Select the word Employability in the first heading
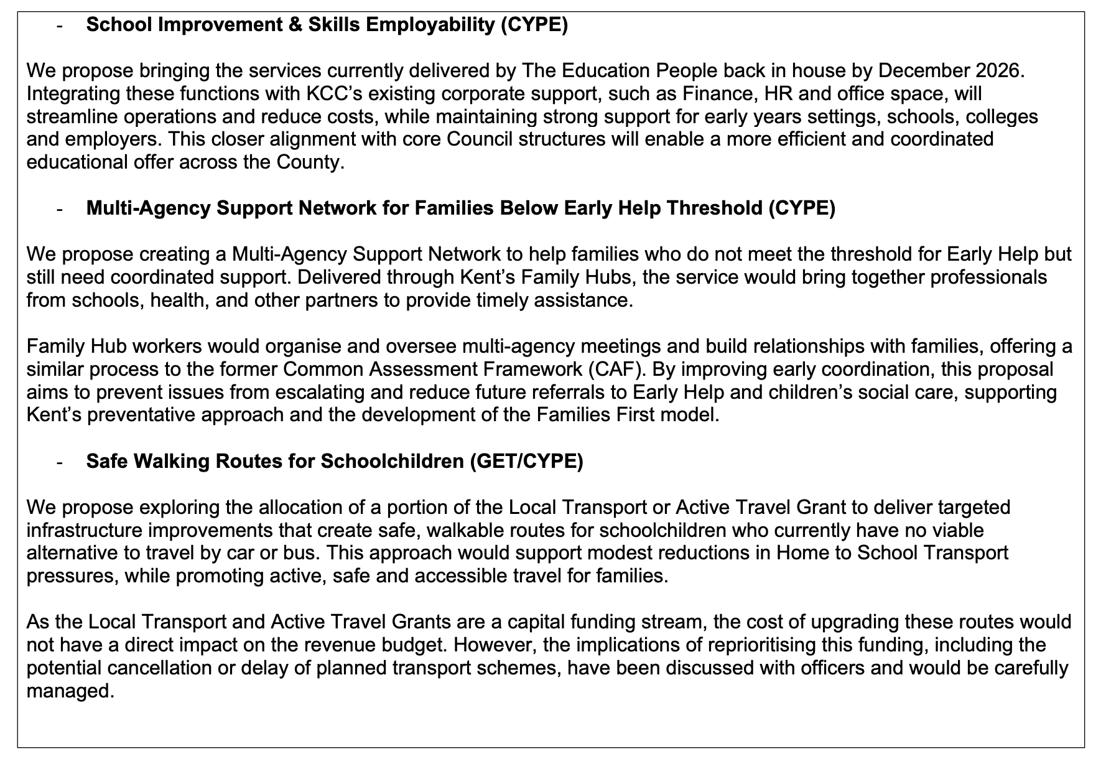click(x=429, y=25)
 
